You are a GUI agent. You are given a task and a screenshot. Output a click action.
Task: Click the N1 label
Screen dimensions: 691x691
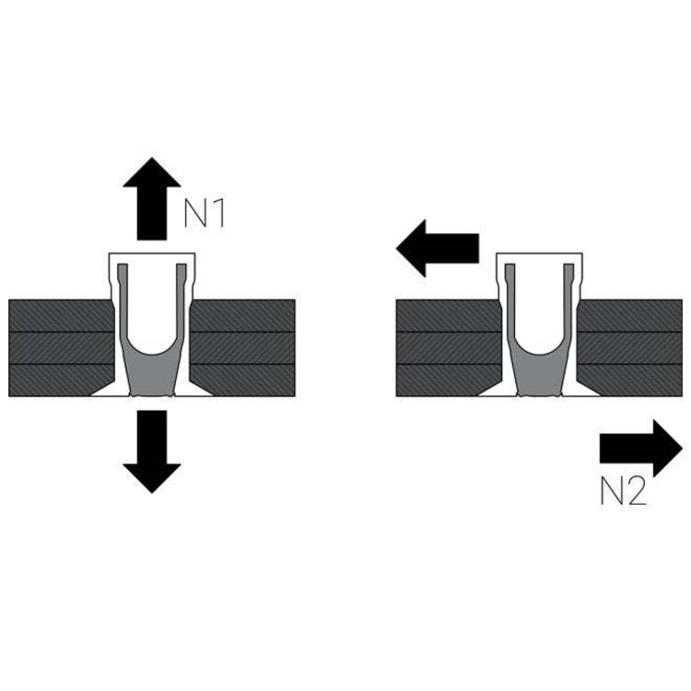pyautogui.click(x=205, y=213)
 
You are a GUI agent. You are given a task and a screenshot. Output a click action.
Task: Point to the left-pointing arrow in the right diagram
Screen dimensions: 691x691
pyautogui.click(x=437, y=248)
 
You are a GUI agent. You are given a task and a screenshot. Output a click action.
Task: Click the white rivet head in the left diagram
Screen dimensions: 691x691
pyautogui.click(x=152, y=258)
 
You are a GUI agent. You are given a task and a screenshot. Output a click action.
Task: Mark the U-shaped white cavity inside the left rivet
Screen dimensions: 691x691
pyautogui.click(x=152, y=313)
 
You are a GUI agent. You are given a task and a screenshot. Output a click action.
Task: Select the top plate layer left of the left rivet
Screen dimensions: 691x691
pyautogui.click(x=60, y=315)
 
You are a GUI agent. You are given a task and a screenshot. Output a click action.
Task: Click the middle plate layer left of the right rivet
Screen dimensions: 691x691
pyautogui.click(x=447, y=348)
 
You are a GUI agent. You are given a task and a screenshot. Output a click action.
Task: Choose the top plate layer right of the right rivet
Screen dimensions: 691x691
pyautogui.click(x=631, y=315)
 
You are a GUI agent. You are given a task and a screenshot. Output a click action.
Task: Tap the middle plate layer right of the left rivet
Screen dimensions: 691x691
pyautogui.click(x=244, y=348)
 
